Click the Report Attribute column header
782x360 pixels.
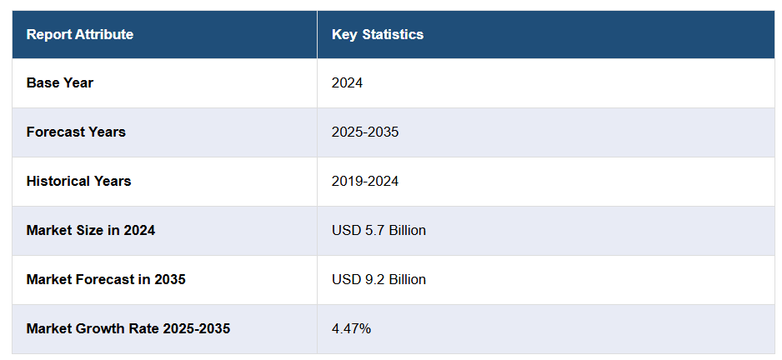pyautogui.click(x=79, y=34)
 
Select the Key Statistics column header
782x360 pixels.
pyautogui.click(x=377, y=34)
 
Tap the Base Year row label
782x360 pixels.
pyautogui.click(x=60, y=82)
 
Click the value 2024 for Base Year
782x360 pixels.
pyautogui.click(x=347, y=82)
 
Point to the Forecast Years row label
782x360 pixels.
pyautogui.click(x=76, y=132)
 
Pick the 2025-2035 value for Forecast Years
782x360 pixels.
pyautogui.click(x=365, y=132)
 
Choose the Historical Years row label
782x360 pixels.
pyautogui.click(x=78, y=181)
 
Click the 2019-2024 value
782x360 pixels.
pyautogui.click(x=365, y=181)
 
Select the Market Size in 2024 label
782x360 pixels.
pyautogui.click(x=90, y=230)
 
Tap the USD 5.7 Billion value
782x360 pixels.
pyautogui.click(x=378, y=230)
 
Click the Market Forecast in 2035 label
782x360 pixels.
pyautogui.click(x=106, y=279)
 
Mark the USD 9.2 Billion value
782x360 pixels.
pyautogui.click(x=378, y=279)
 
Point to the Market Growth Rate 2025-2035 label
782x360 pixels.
pyautogui.click(x=128, y=328)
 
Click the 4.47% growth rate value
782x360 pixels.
pyautogui.click(x=351, y=328)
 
